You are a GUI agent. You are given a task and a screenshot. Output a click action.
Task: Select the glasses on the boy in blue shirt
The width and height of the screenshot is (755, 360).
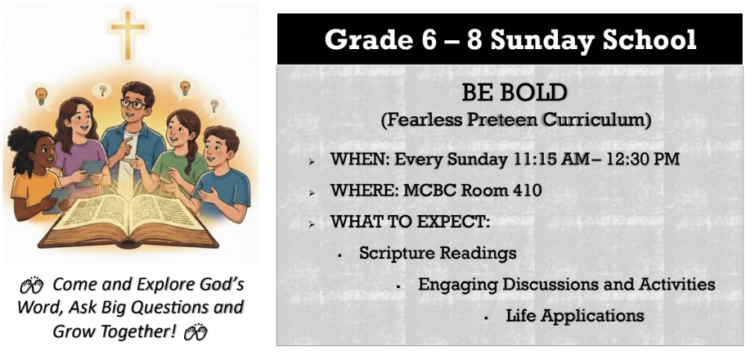click(x=133, y=104)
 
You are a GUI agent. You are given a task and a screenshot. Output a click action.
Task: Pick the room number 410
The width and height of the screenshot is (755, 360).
click(x=525, y=191)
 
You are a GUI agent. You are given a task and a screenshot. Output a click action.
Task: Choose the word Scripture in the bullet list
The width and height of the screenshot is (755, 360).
click(x=398, y=253)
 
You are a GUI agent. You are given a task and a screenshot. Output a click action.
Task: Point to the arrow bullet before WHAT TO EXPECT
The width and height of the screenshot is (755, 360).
click(x=312, y=224)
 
